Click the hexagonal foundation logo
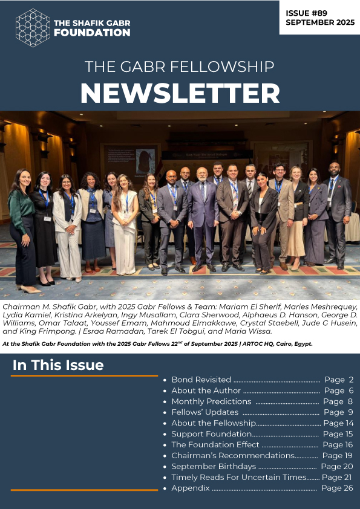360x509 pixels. tap(33, 28)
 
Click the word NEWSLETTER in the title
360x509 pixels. tap(180, 93)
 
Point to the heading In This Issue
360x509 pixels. tap(58, 365)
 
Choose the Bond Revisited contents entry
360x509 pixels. tap(201, 380)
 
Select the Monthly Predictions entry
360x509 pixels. tap(211, 401)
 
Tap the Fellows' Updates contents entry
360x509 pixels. tap(205, 412)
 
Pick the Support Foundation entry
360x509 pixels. tap(211, 434)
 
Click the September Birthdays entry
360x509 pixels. tap(214, 467)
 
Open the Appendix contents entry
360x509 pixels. tap(190, 488)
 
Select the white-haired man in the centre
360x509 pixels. tap(201, 218)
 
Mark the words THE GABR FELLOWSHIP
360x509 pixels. tap(180, 66)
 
